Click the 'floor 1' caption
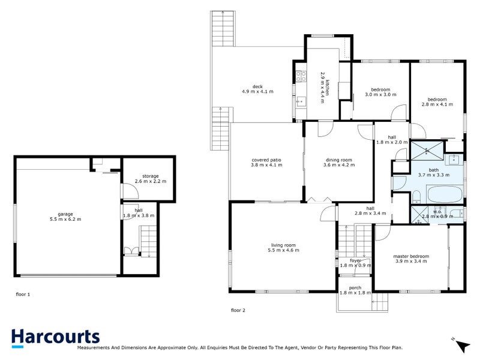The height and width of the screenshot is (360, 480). click(x=23, y=295)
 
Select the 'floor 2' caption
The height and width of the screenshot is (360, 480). click(x=238, y=310)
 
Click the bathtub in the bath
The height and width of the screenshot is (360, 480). click(x=443, y=194)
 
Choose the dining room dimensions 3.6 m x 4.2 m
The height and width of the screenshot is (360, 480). click(x=339, y=166)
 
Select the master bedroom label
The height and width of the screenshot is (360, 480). click(x=411, y=256)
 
